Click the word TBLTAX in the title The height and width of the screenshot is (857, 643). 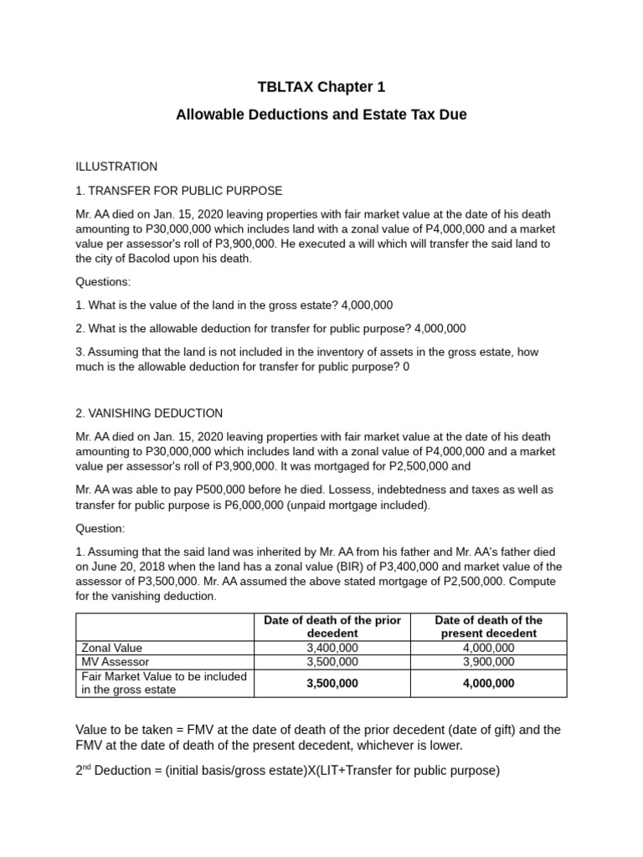pyautogui.click(x=282, y=87)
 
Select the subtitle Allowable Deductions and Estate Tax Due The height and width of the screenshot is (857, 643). pyautogui.click(x=321, y=115)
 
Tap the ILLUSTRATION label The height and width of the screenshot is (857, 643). pyautogui.click(x=116, y=167)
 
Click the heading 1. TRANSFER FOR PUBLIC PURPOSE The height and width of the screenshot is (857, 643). pyautogui.click(x=179, y=190)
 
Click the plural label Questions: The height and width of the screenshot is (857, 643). pyautogui.click(x=103, y=281)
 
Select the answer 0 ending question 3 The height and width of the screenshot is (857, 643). pyautogui.click(x=406, y=367)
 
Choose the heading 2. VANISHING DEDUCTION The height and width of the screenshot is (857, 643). pyautogui.click(x=149, y=413)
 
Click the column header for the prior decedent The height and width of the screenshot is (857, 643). pyautogui.click(x=332, y=627)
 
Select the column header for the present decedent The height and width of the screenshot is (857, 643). pyautogui.click(x=489, y=627)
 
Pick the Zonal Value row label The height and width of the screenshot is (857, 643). pyautogui.click(x=111, y=648)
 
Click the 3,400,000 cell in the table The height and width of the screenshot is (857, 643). pyautogui.click(x=332, y=648)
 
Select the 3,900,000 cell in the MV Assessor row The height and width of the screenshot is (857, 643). pyautogui.click(x=489, y=661)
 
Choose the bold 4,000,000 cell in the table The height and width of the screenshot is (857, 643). pyautogui.click(x=489, y=683)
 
